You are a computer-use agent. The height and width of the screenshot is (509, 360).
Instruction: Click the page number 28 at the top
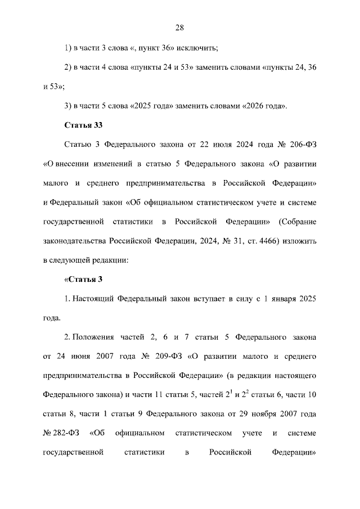(x=180, y=27)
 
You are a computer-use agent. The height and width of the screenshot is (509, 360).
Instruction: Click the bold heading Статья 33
(x=83, y=124)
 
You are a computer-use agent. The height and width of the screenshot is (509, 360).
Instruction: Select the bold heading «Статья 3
(x=83, y=280)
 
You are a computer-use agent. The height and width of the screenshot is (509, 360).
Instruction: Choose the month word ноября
(x=273, y=415)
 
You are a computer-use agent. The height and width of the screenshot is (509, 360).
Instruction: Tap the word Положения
(x=94, y=338)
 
